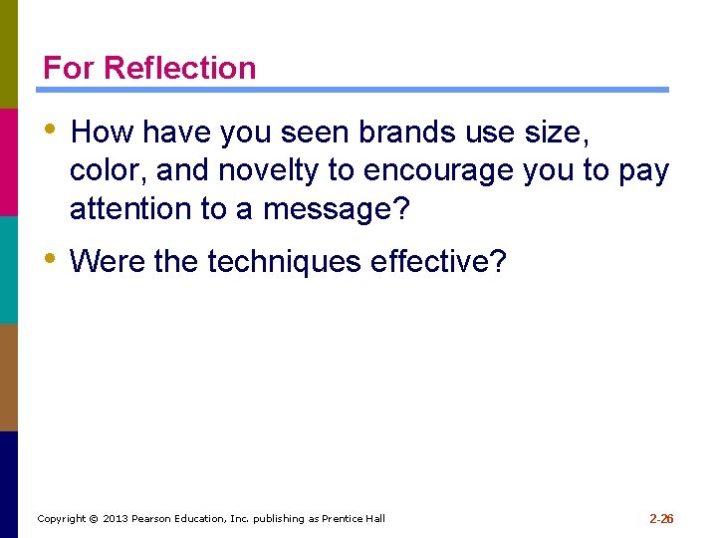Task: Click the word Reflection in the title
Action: coord(179,68)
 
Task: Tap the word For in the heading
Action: coord(70,68)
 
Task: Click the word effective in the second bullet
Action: coord(438,262)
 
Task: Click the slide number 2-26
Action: coord(661,519)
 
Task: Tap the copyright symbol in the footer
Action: coord(94,519)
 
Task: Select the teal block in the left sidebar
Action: coord(9,269)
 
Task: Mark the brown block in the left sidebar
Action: coord(9,377)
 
